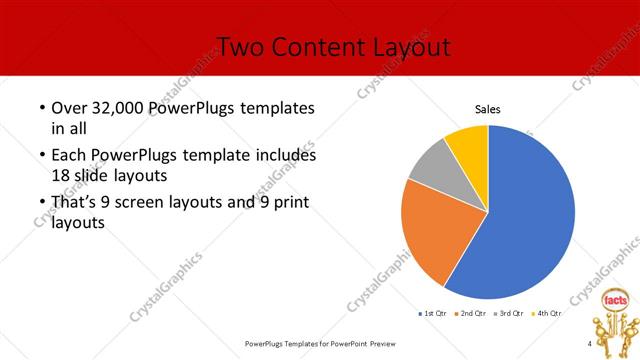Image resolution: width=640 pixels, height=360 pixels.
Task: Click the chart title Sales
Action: pos(487,109)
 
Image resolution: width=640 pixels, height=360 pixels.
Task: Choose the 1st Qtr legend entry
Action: pos(432,314)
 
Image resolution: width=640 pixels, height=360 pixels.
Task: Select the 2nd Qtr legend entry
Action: pos(471,314)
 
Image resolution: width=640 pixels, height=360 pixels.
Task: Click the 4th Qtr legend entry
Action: pos(548,314)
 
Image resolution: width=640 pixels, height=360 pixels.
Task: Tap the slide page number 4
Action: pos(590,344)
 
